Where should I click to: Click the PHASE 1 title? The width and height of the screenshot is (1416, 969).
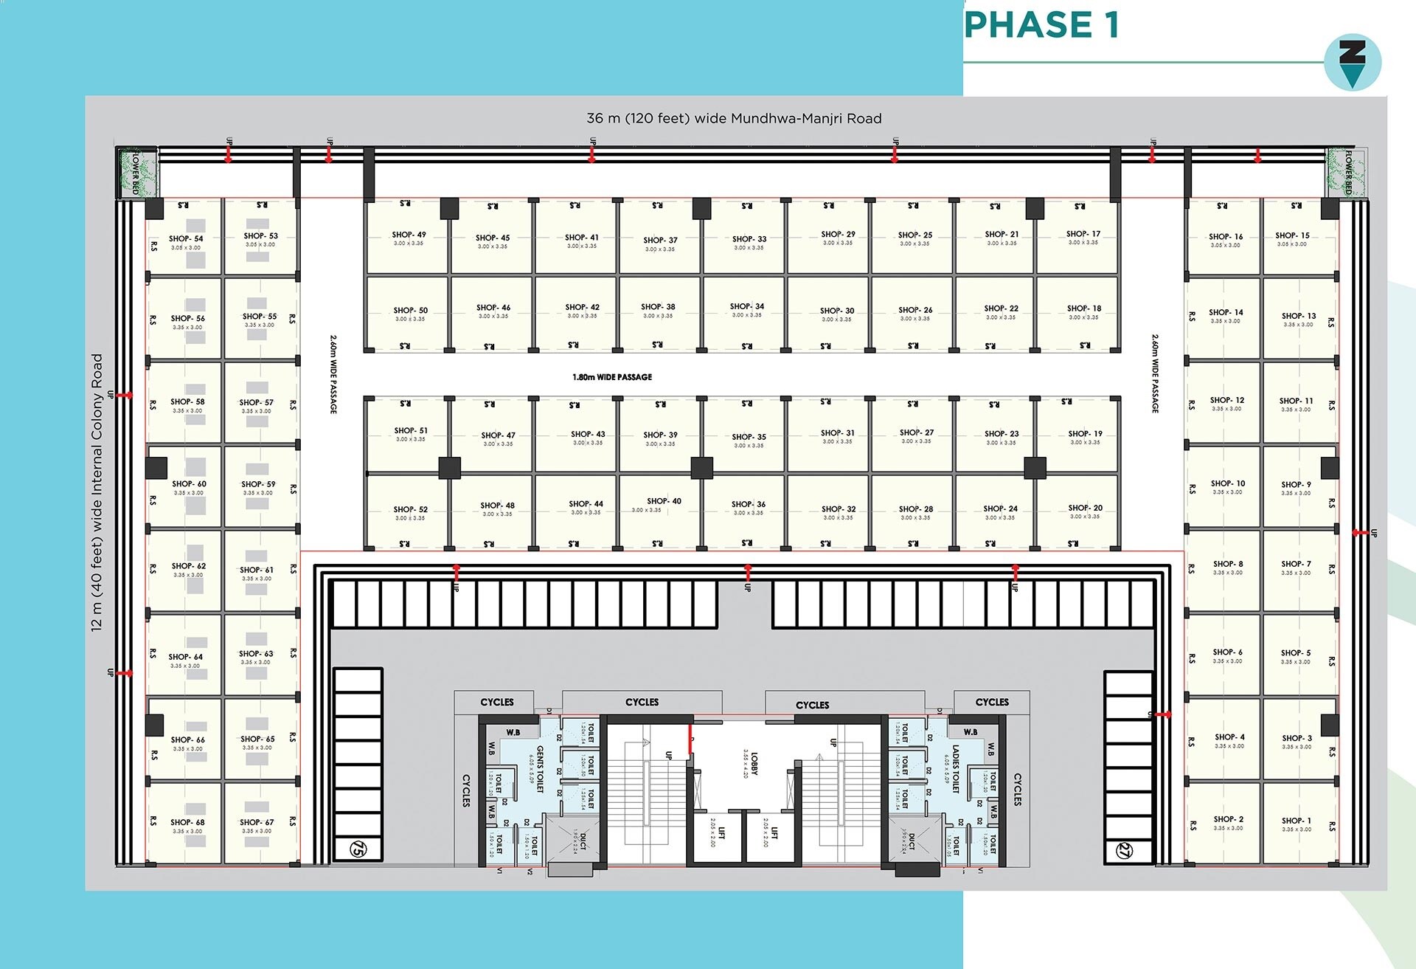click(x=1041, y=25)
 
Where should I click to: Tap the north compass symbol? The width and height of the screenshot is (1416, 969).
click(x=1352, y=63)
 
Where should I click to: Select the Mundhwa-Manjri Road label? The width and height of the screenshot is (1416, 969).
click(x=734, y=119)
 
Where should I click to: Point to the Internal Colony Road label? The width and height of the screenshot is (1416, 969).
click(x=97, y=492)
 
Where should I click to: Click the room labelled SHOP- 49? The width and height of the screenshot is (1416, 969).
click(x=409, y=238)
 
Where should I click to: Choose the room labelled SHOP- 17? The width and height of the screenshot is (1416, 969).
click(x=1083, y=237)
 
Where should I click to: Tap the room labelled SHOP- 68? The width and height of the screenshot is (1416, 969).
click(x=187, y=825)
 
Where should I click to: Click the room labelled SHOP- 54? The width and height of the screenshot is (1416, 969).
click(x=186, y=241)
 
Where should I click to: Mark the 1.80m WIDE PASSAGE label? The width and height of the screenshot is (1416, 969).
click(x=612, y=377)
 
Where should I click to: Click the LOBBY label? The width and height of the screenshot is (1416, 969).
click(x=750, y=764)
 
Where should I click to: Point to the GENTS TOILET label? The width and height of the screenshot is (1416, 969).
click(x=536, y=769)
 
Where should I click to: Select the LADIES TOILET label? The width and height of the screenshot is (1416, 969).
click(x=951, y=769)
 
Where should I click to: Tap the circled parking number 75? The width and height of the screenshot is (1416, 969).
click(x=358, y=849)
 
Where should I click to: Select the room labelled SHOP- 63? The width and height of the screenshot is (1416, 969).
click(x=256, y=657)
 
